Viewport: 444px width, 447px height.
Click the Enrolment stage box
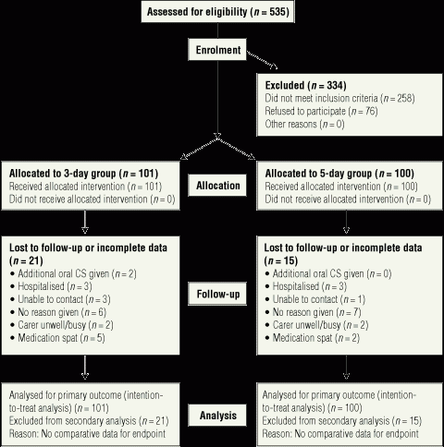point(217,49)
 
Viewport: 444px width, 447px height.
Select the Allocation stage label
point(217,186)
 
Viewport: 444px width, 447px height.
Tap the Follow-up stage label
point(217,294)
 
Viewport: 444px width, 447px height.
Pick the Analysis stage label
point(217,415)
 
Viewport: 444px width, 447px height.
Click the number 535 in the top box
point(279,12)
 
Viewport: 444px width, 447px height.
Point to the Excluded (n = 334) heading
point(305,85)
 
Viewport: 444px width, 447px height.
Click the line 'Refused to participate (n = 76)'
point(321,111)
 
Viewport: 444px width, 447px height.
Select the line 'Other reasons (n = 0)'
point(304,124)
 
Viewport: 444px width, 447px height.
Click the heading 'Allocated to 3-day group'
point(62,174)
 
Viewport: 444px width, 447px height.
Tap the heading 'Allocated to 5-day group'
point(318,174)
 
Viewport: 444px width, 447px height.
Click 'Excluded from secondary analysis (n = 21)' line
point(89,421)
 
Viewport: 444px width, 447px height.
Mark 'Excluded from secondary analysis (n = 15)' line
point(342,421)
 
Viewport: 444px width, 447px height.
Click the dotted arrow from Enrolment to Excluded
point(262,60)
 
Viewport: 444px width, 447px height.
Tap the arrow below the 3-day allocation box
point(85,222)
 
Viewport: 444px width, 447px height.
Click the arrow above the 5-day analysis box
point(346,368)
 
